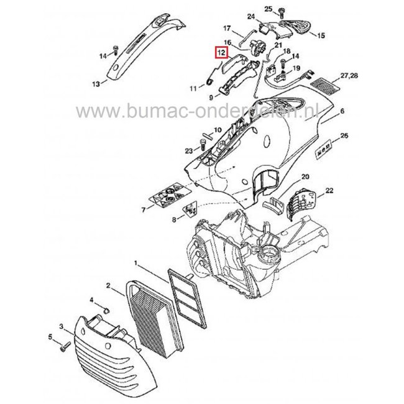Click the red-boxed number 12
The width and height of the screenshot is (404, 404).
click(219, 53)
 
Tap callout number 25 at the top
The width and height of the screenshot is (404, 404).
click(269, 8)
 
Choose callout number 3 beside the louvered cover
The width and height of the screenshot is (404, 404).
click(61, 326)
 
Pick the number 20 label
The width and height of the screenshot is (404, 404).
click(305, 177)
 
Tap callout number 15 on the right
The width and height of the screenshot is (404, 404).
click(321, 36)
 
